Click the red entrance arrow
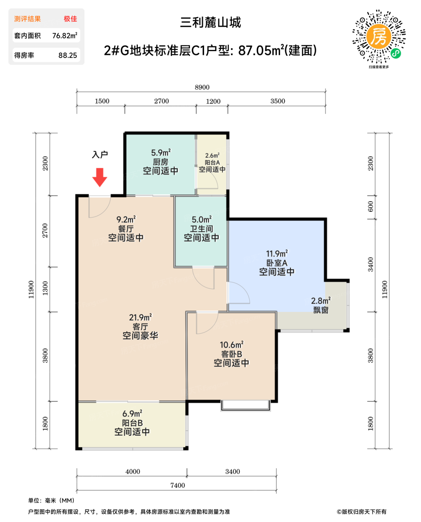tap(99, 177)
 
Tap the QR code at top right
tap(379, 37)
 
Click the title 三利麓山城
tap(210, 22)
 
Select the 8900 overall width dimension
tap(202, 87)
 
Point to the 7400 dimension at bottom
tap(177, 485)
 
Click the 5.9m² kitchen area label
tap(161, 153)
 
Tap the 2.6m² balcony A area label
tap(212, 155)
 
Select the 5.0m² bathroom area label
tap(202, 220)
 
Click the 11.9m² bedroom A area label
tap(276, 254)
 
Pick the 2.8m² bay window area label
tap(320, 301)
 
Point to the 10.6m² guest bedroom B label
tap(231, 345)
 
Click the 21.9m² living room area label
tap(140, 318)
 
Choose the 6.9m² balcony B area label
tap(132, 414)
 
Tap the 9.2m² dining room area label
tap(126, 220)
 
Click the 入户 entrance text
tap(100, 154)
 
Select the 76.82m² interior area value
tap(64, 36)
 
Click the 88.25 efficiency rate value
tap(67, 56)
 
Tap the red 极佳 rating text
tap(70, 19)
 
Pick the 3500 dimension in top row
tap(278, 101)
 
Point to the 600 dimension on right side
tap(370, 206)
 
